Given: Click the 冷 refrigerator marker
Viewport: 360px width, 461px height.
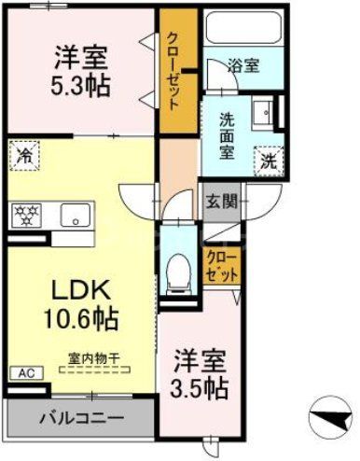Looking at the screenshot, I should click(22, 156).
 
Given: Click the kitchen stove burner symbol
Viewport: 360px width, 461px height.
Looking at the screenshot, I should click(25, 214).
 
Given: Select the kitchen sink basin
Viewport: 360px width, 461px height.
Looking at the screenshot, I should click(72, 215).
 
